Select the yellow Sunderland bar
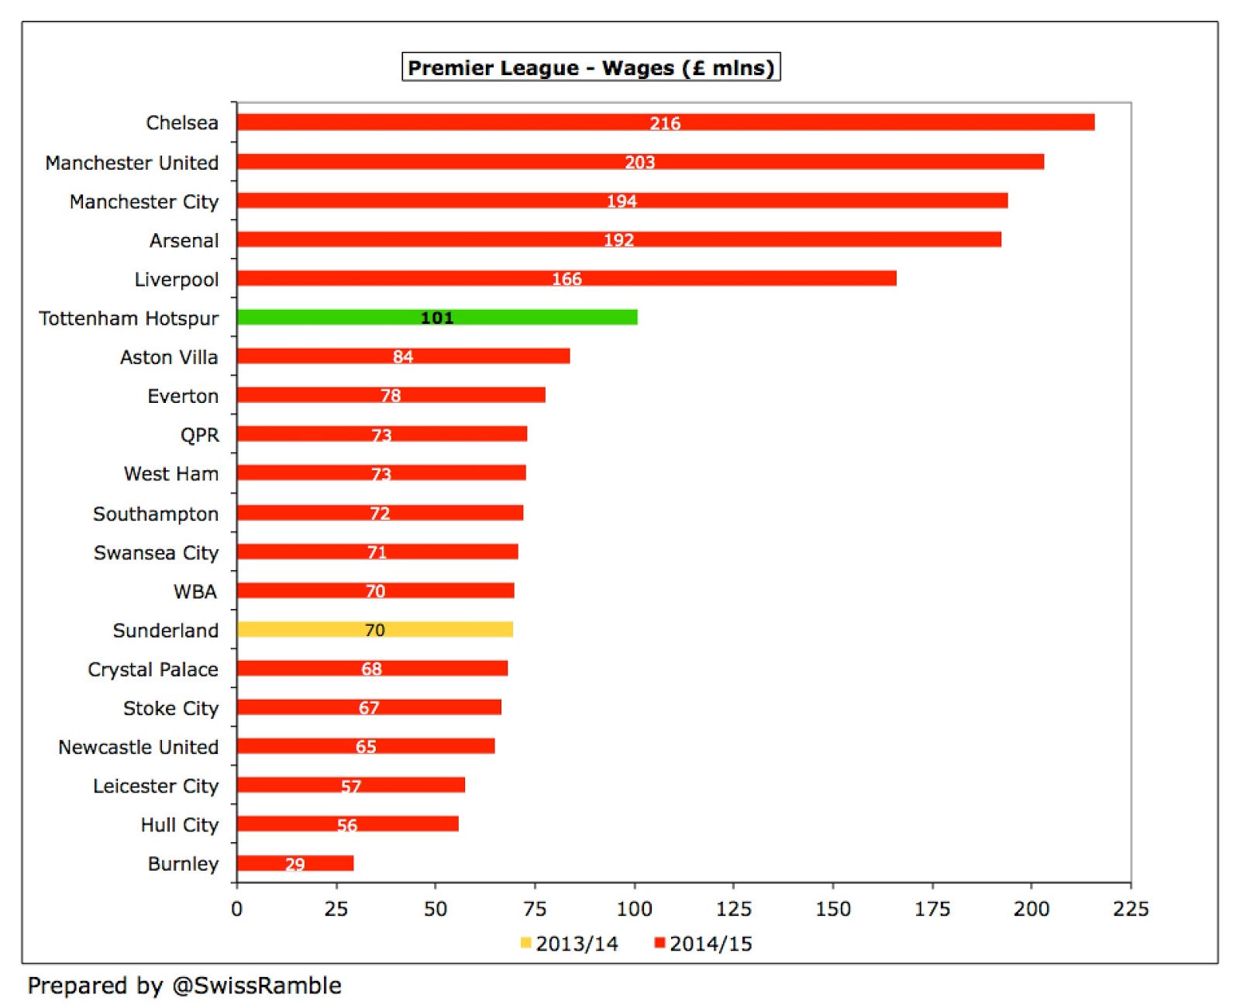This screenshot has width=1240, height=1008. [310, 629]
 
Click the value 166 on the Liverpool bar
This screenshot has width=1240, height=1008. [567, 279]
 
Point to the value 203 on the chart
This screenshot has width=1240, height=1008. [640, 162]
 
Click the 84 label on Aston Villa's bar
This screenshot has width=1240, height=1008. [403, 356]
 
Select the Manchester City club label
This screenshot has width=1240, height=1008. [144, 202]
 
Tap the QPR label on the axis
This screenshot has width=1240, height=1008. [200, 435]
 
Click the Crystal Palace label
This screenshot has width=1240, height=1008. [153, 669]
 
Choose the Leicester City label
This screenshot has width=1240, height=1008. [156, 786]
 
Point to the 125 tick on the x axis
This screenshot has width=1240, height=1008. [733, 909]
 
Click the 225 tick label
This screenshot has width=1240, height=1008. [1131, 909]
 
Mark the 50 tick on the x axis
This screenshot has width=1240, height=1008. [436, 909]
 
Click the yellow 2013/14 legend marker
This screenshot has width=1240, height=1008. [525, 943]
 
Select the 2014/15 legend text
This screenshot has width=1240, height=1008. [711, 944]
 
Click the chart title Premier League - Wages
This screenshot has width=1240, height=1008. [591, 67]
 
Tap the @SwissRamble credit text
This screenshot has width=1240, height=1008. [257, 986]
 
